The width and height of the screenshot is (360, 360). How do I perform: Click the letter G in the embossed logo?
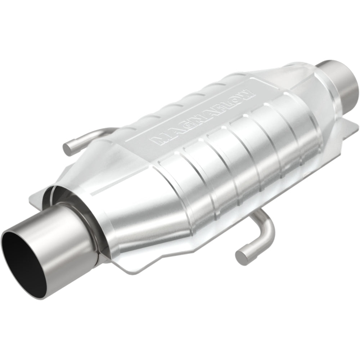[182, 127]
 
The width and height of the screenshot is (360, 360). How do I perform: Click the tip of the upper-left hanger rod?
[67, 148]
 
